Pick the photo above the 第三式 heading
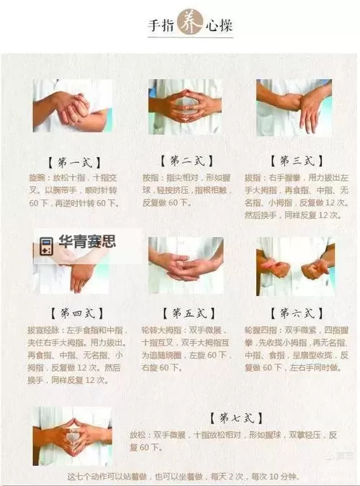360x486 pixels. tap(294, 107)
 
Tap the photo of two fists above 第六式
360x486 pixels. tap(294, 266)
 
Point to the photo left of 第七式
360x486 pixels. tap(73, 435)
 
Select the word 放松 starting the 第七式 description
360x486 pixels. tap(138, 435)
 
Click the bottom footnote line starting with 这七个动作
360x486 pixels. tap(181, 477)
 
